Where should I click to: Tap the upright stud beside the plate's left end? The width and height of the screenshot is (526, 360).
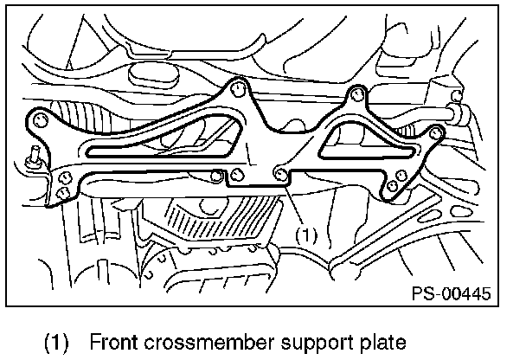[35, 157]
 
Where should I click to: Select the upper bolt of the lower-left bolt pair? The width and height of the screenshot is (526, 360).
[64, 179]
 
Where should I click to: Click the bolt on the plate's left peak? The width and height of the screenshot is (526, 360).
[238, 87]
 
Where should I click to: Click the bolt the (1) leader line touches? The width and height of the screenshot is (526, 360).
[281, 175]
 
